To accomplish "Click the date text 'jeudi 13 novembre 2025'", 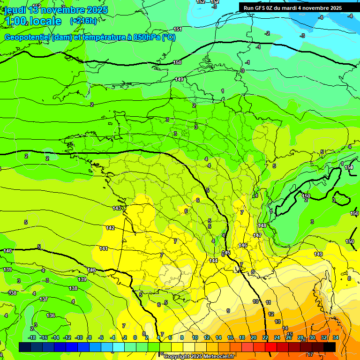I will point(56,10).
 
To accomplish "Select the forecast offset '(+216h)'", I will point(83,21).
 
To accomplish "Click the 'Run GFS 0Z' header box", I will point(293,8).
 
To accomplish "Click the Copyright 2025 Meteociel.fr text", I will point(199,357).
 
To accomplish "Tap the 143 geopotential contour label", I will point(117,208).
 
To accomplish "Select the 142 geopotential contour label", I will point(110,228).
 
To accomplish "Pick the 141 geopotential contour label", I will point(104,248).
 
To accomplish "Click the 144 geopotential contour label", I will point(213,261).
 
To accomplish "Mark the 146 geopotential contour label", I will point(243,245).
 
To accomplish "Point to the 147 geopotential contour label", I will point(257,235).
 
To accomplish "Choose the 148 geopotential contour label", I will point(262,225).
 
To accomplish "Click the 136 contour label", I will point(51,315).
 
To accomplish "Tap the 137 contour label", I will point(44,299).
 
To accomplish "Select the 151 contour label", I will point(178,29).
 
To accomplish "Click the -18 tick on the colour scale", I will point(32,337).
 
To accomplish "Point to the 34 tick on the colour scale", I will point(336,337).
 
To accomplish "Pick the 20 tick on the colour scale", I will point(254,337).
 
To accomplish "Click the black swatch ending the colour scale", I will point(330,347).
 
